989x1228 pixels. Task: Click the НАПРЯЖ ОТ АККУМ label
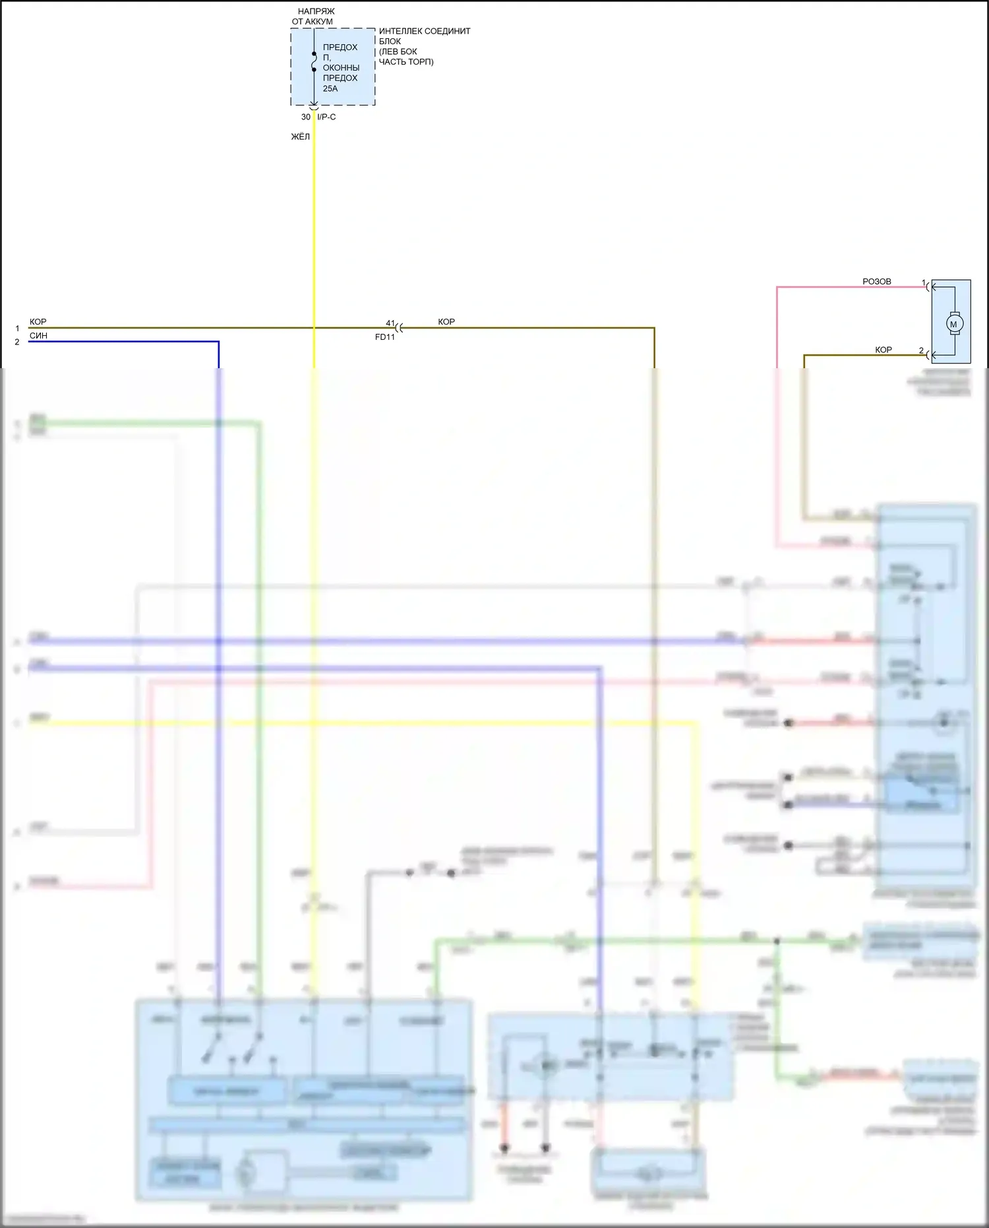click(x=314, y=16)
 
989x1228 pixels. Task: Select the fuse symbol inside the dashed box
click(x=314, y=61)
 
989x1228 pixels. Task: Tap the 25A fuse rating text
click(x=330, y=88)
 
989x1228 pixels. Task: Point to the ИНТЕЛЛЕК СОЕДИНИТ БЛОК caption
click(x=424, y=36)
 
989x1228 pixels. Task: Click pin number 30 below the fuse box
click(x=306, y=117)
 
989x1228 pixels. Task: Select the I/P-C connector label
click(x=326, y=117)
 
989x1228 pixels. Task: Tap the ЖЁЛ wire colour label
click(x=301, y=137)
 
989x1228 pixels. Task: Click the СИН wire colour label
click(x=38, y=336)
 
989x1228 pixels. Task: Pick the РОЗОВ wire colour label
click(x=876, y=282)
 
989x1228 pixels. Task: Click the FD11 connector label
click(x=384, y=337)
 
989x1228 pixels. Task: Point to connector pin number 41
click(x=390, y=323)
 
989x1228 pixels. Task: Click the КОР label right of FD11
click(x=446, y=322)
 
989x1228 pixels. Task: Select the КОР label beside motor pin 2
click(x=883, y=350)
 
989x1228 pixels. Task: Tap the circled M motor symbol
click(x=954, y=324)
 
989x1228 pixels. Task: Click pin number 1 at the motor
click(x=923, y=282)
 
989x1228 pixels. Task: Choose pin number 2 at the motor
click(x=921, y=350)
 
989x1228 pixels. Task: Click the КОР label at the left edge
click(x=38, y=322)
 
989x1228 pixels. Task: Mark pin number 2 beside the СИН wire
click(x=17, y=342)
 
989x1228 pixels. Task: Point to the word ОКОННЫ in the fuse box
click(x=341, y=68)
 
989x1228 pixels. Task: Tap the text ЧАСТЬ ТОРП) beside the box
click(x=406, y=62)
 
